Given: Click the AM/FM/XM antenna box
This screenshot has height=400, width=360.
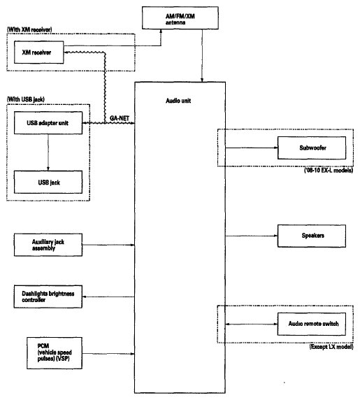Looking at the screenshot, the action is [180, 18].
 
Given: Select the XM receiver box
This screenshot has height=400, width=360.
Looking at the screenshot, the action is [38, 52].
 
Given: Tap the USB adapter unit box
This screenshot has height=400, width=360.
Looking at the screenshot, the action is [48, 122].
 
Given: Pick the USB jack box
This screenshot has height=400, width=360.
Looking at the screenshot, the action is [48, 182].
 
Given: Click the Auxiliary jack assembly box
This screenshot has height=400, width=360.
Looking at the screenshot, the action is [48, 245].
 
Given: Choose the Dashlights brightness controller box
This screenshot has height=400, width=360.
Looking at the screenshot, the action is [48, 297].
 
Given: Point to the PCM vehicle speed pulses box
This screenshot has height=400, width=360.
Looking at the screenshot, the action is [55, 353].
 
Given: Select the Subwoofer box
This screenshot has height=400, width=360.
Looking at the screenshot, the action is [312, 148].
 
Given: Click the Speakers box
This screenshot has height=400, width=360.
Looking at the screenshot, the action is [312, 236].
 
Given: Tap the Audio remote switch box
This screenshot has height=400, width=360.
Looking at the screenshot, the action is [312, 324].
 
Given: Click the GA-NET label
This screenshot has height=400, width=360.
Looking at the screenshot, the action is [120, 118].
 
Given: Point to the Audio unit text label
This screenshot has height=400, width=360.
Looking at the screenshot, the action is [178, 101].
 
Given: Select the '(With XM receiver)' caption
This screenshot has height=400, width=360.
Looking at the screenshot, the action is [29, 29].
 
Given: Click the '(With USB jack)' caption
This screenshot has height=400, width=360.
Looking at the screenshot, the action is [25, 99].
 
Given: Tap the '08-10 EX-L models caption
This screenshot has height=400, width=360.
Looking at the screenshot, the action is [329, 170].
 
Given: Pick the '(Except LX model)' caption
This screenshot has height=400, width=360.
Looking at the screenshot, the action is [331, 347].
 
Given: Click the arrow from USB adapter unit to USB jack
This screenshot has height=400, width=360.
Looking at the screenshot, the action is [48, 152].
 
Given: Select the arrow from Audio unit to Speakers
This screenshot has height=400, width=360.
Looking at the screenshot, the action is [252, 236].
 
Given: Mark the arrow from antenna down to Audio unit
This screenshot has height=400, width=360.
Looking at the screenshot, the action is [202, 56].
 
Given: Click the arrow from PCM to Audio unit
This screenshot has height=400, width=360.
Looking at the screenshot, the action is [108, 354].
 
